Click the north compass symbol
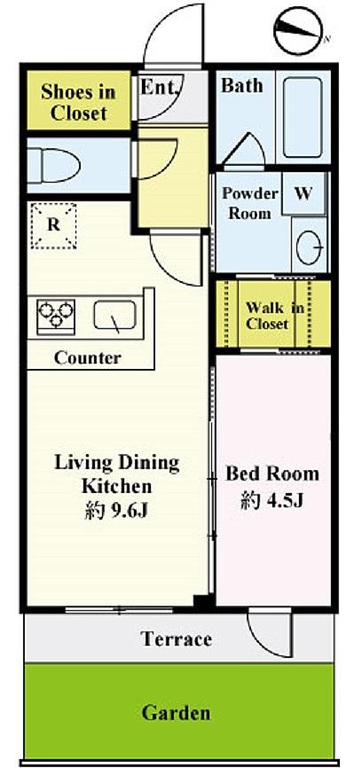coord(299,30)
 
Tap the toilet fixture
coord(54,165)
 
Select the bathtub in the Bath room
coord(303,117)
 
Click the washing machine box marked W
coord(303,193)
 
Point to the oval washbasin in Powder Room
coord(309,247)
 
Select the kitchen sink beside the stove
coord(114,316)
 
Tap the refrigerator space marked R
coord(53,226)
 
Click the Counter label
coord(88,357)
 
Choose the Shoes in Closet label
coord(78,102)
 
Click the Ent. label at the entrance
coord(159,88)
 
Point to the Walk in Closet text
coord(274,316)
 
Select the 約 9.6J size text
coord(116,512)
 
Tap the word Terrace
coord(177,639)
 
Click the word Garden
coord(177,712)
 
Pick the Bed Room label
coord(271,474)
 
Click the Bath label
coord(242,86)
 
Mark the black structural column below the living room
coord(204,602)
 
